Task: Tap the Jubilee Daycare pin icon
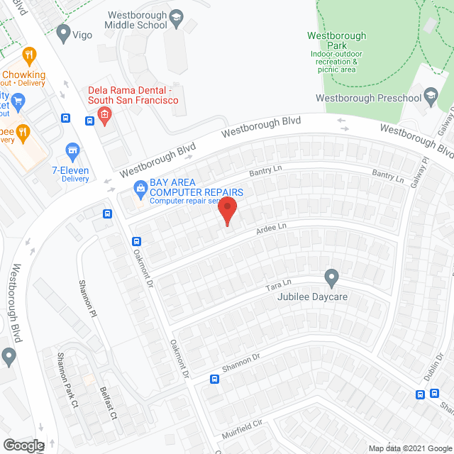pos(331,277)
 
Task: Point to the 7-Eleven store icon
pos(71,150)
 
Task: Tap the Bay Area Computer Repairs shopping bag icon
pos(140,188)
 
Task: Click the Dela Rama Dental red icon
pos(104,115)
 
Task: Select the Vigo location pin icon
pos(63,32)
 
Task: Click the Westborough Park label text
pos(336,36)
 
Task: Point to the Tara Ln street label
pos(279,285)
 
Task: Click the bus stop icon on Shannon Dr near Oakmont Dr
pos(214,380)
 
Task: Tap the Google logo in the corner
pos(23,445)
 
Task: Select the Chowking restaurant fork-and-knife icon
pos(29,55)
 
